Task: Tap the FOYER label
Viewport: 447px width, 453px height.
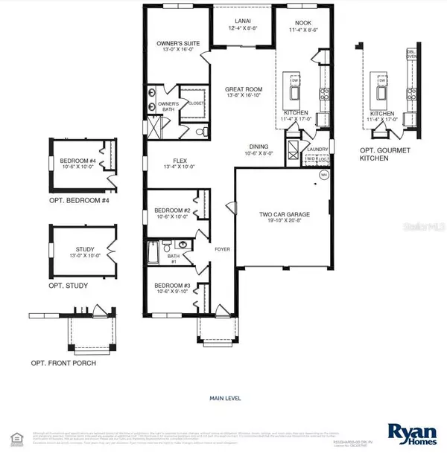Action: [x=223, y=249]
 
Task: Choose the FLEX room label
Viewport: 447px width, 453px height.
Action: [x=180, y=160]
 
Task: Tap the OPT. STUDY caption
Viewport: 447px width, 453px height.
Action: [x=69, y=286]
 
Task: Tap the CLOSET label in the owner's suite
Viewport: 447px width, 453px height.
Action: [x=197, y=103]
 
